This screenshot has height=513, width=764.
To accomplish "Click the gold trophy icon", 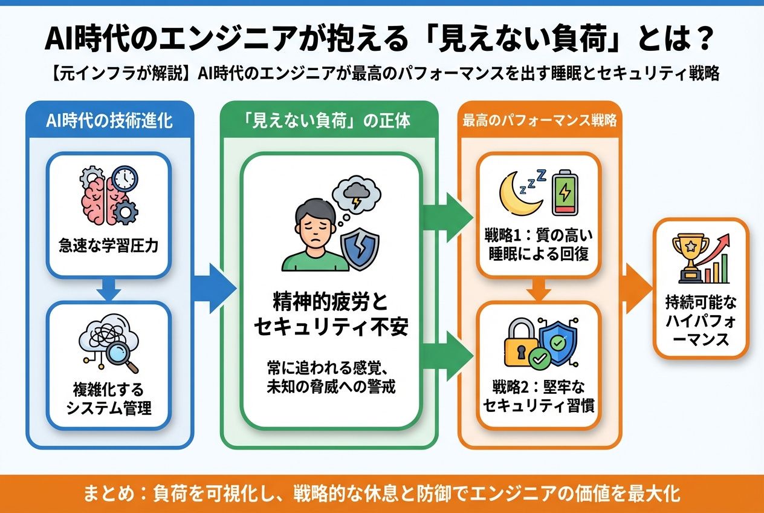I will pyautogui.click(x=691, y=256).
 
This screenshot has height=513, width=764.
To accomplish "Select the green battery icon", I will pyautogui.click(x=565, y=192).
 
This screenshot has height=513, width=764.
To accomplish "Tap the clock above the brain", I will pyautogui.click(x=125, y=178).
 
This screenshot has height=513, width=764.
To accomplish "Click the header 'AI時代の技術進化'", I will pyautogui.click(x=109, y=120).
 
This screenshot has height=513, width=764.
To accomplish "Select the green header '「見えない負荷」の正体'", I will pyautogui.click(x=328, y=120).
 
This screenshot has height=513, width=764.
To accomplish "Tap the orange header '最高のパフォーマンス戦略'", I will pyautogui.click(x=539, y=120).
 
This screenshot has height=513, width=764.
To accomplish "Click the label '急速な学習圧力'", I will pyautogui.click(x=109, y=247).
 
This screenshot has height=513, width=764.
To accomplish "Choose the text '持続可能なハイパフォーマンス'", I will pyautogui.click(x=701, y=320).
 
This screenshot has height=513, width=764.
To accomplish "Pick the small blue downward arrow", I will pyautogui.click(x=109, y=289).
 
